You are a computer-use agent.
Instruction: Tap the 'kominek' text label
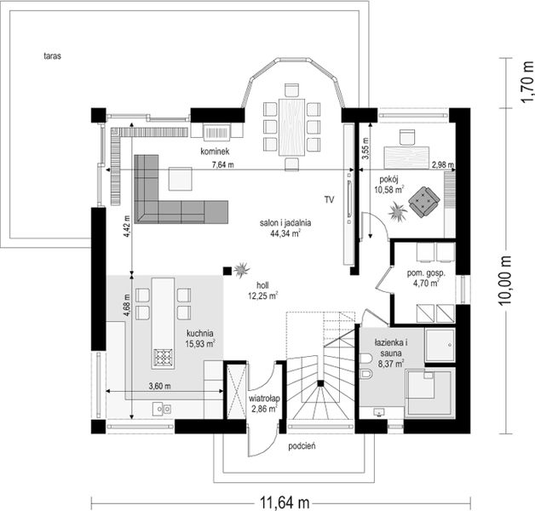pyautogui.click(x=215, y=151)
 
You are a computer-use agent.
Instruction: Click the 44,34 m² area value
pyautogui.click(x=285, y=232)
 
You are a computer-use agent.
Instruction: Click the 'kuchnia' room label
pyautogui.click(x=200, y=334)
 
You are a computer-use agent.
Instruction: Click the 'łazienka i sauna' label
pyautogui.click(x=390, y=344)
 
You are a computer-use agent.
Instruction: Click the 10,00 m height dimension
pyautogui.click(x=507, y=279)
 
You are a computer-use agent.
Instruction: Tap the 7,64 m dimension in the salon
pyautogui.click(x=223, y=164)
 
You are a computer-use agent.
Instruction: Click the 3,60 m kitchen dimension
pyautogui.click(x=160, y=386)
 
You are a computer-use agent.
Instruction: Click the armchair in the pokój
pyautogui.click(x=423, y=203)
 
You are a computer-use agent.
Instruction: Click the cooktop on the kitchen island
pyautogui.click(x=163, y=357)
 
